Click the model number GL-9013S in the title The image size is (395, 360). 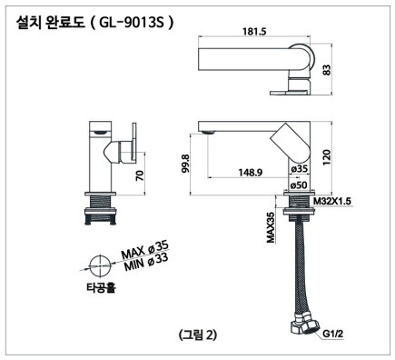point(132,24)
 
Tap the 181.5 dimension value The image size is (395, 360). point(254,31)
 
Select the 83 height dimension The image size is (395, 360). point(327,70)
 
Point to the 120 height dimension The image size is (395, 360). point(327,157)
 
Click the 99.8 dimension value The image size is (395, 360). point(185,164)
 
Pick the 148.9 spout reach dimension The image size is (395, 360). point(251,172)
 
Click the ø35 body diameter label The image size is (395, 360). point(299,169)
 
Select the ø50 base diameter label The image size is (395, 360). point(299,185)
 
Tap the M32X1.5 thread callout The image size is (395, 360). point(332,201)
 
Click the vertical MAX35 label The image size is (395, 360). point(271,227)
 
